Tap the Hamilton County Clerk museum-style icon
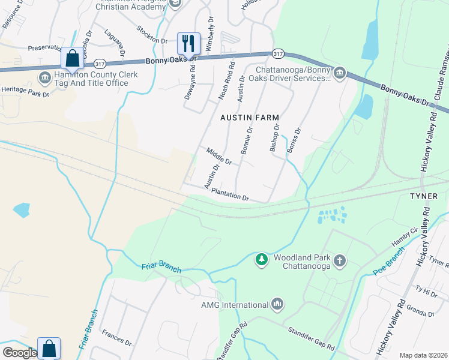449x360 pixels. (45, 78)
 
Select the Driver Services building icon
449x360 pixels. (340, 73)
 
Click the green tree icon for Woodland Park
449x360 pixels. (261, 259)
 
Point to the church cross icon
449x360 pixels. (340, 260)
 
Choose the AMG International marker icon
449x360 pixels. (277, 304)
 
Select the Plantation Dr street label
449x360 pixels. (230, 194)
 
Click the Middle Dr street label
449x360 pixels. (218, 156)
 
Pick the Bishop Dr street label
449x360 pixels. (276, 138)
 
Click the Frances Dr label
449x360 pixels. (116, 337)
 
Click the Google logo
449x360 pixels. (20, 353)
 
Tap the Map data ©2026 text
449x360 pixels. (423, 355)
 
